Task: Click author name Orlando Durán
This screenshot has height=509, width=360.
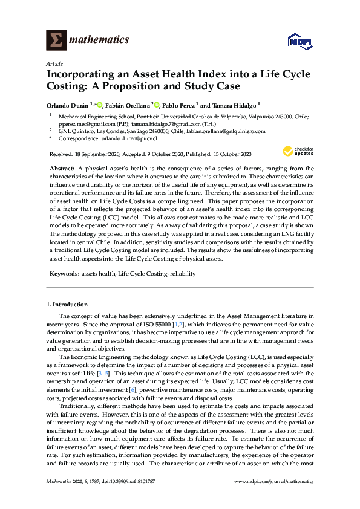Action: (x=67, y=104)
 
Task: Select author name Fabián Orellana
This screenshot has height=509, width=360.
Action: (x=129, y=104)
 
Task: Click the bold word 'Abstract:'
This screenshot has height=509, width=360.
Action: (x=62, y=166)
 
